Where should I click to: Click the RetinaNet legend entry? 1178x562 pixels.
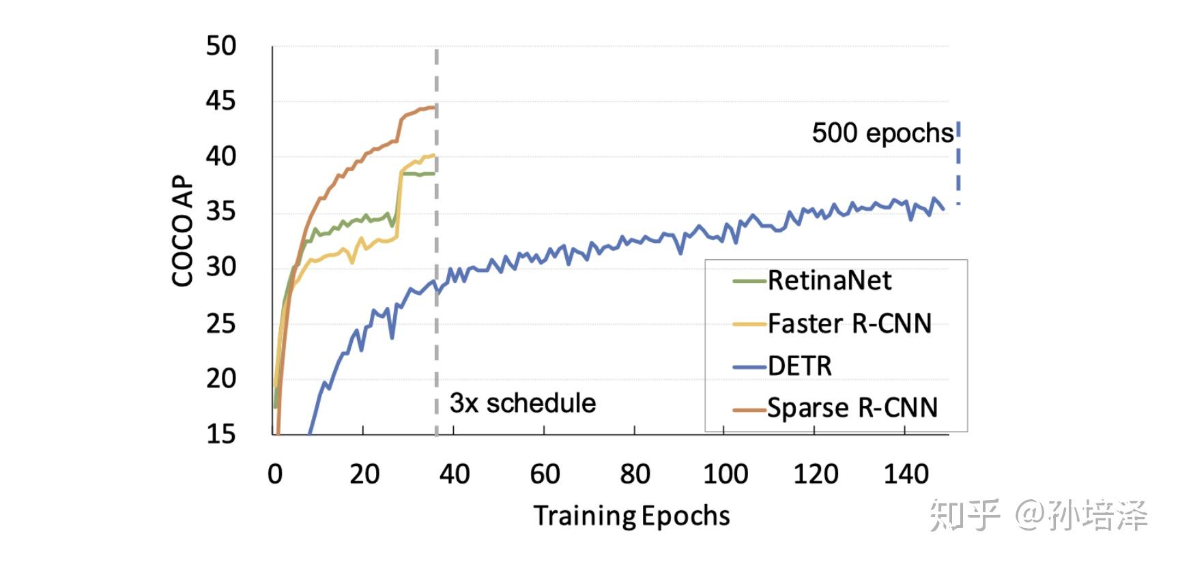tap(829, 280)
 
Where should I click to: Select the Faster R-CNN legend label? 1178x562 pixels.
tap(849, 323)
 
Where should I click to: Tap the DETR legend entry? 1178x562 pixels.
tap(799, 366)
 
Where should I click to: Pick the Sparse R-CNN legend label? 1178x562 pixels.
tap(852, 408)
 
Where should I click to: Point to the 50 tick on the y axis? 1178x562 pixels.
tap(221, 46)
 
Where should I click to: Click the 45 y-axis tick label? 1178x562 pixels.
tap(221, 102)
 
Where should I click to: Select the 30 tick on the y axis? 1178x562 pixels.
tap(221, 267)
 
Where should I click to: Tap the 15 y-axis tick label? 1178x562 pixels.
tap(221, 434)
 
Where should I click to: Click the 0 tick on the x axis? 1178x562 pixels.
tap(275, 474)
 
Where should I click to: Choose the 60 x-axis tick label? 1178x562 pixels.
tap(545, 474)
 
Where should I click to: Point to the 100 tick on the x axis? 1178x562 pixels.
tap(726, 474)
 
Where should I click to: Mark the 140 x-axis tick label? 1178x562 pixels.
tap(906, 474)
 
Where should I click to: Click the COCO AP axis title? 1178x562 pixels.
tap(183, 232)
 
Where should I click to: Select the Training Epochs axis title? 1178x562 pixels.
tap(631, 516)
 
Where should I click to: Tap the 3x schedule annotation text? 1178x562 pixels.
tap(522, 403)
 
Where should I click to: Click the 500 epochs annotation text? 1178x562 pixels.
tap(882, 133)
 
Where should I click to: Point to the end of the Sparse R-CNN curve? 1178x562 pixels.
tap(433, 106)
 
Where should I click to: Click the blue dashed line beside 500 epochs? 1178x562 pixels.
tap(958, 164)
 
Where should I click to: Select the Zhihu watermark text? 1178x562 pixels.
tap(1037, 516)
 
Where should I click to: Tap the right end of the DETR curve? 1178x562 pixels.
tap(943, 209)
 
